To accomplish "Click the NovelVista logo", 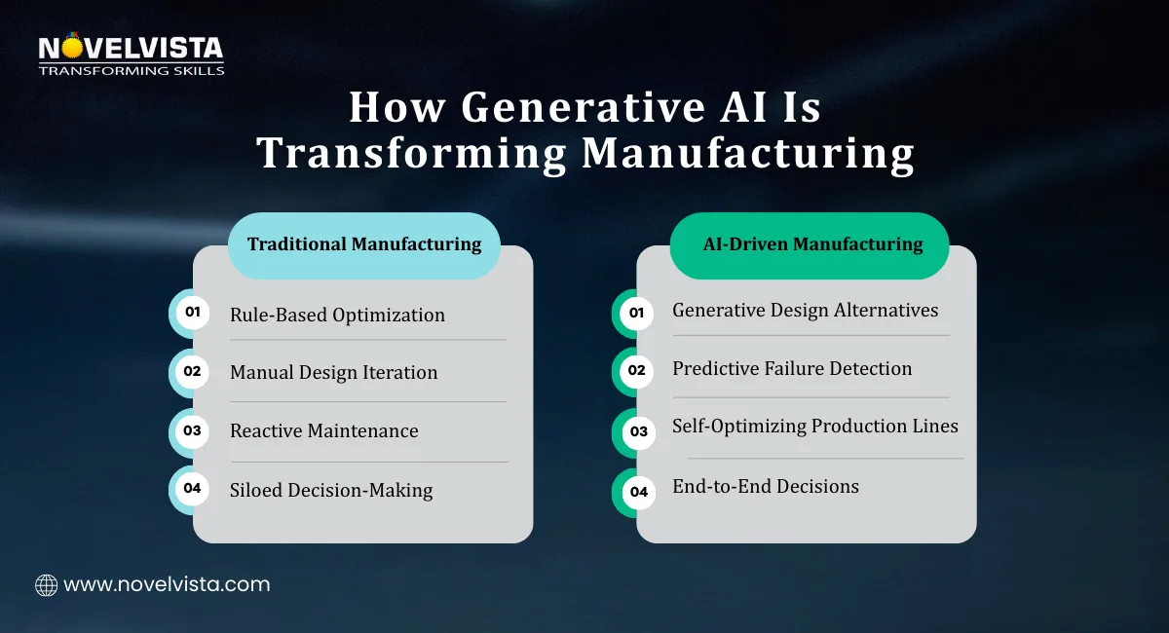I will pyautogui.click(x=131, y=55).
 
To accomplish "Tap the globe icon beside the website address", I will pyautogui.click(x=46, y=584).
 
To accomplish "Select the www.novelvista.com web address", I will pyautogui.click(x=167, y=584).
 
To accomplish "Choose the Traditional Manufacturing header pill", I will pyautogui.click(x=364, y=244).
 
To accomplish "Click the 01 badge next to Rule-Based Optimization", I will pyautogui.click(x=192, y=313).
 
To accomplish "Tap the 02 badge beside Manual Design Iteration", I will pyautogui.click(x=192, y=371).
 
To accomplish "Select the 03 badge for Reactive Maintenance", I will pyautogui.click(x=192, y=430).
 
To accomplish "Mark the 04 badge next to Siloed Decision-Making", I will pyautogui.click(x=192, y=489).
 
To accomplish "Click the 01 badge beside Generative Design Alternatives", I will pyautogui.click(x=637, y=313).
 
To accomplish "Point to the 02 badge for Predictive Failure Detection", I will pyautogui.click(x=637, y=371).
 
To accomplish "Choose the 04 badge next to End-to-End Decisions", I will pyautogui.click(x=637, y=492).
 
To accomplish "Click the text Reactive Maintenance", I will pyautogui.click(x=324, y=430).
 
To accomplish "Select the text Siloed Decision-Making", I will pyautogui.click(x=331, y=490).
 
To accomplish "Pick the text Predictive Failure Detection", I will pyautogui.click(x=792, y=368).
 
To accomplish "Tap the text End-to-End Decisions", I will pyautogui.click(x=766, y=486).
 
